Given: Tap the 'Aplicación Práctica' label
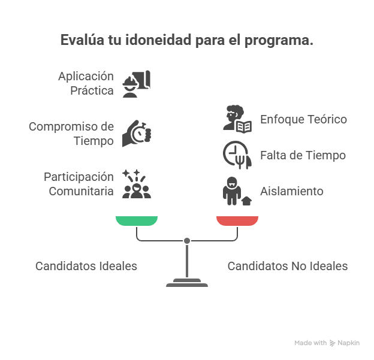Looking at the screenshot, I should pyautogui.click(x=86, y=83).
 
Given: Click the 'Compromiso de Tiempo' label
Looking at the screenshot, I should pyautogui.click(x=71, y=134).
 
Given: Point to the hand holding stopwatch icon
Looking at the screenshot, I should pyautogui.click(x=137, y=133).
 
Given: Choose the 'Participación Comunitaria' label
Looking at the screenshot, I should pyautogui.click(x=79, y=184).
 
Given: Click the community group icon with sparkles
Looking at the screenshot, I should pyautogui.click(x=137, y=184).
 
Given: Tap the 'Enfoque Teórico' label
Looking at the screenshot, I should pyautogui.click(x=303, y=119).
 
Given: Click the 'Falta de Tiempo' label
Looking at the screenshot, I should pyautogui.click(x=303, y=155).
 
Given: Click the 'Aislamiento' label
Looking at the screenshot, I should pyautogui.click(x=292, y=191).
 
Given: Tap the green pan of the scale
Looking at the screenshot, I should pyautogui.click(x=137, y=220).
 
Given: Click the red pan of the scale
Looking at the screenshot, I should pyautogui.click(x=237, y=220).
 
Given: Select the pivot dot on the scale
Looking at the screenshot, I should pyautogui.click(x=187, y=241).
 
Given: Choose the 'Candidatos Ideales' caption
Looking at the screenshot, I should pyautogui.click(x=86, y=266).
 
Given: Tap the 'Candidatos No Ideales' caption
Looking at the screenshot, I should pyautogui.click(x=288, y=266).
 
